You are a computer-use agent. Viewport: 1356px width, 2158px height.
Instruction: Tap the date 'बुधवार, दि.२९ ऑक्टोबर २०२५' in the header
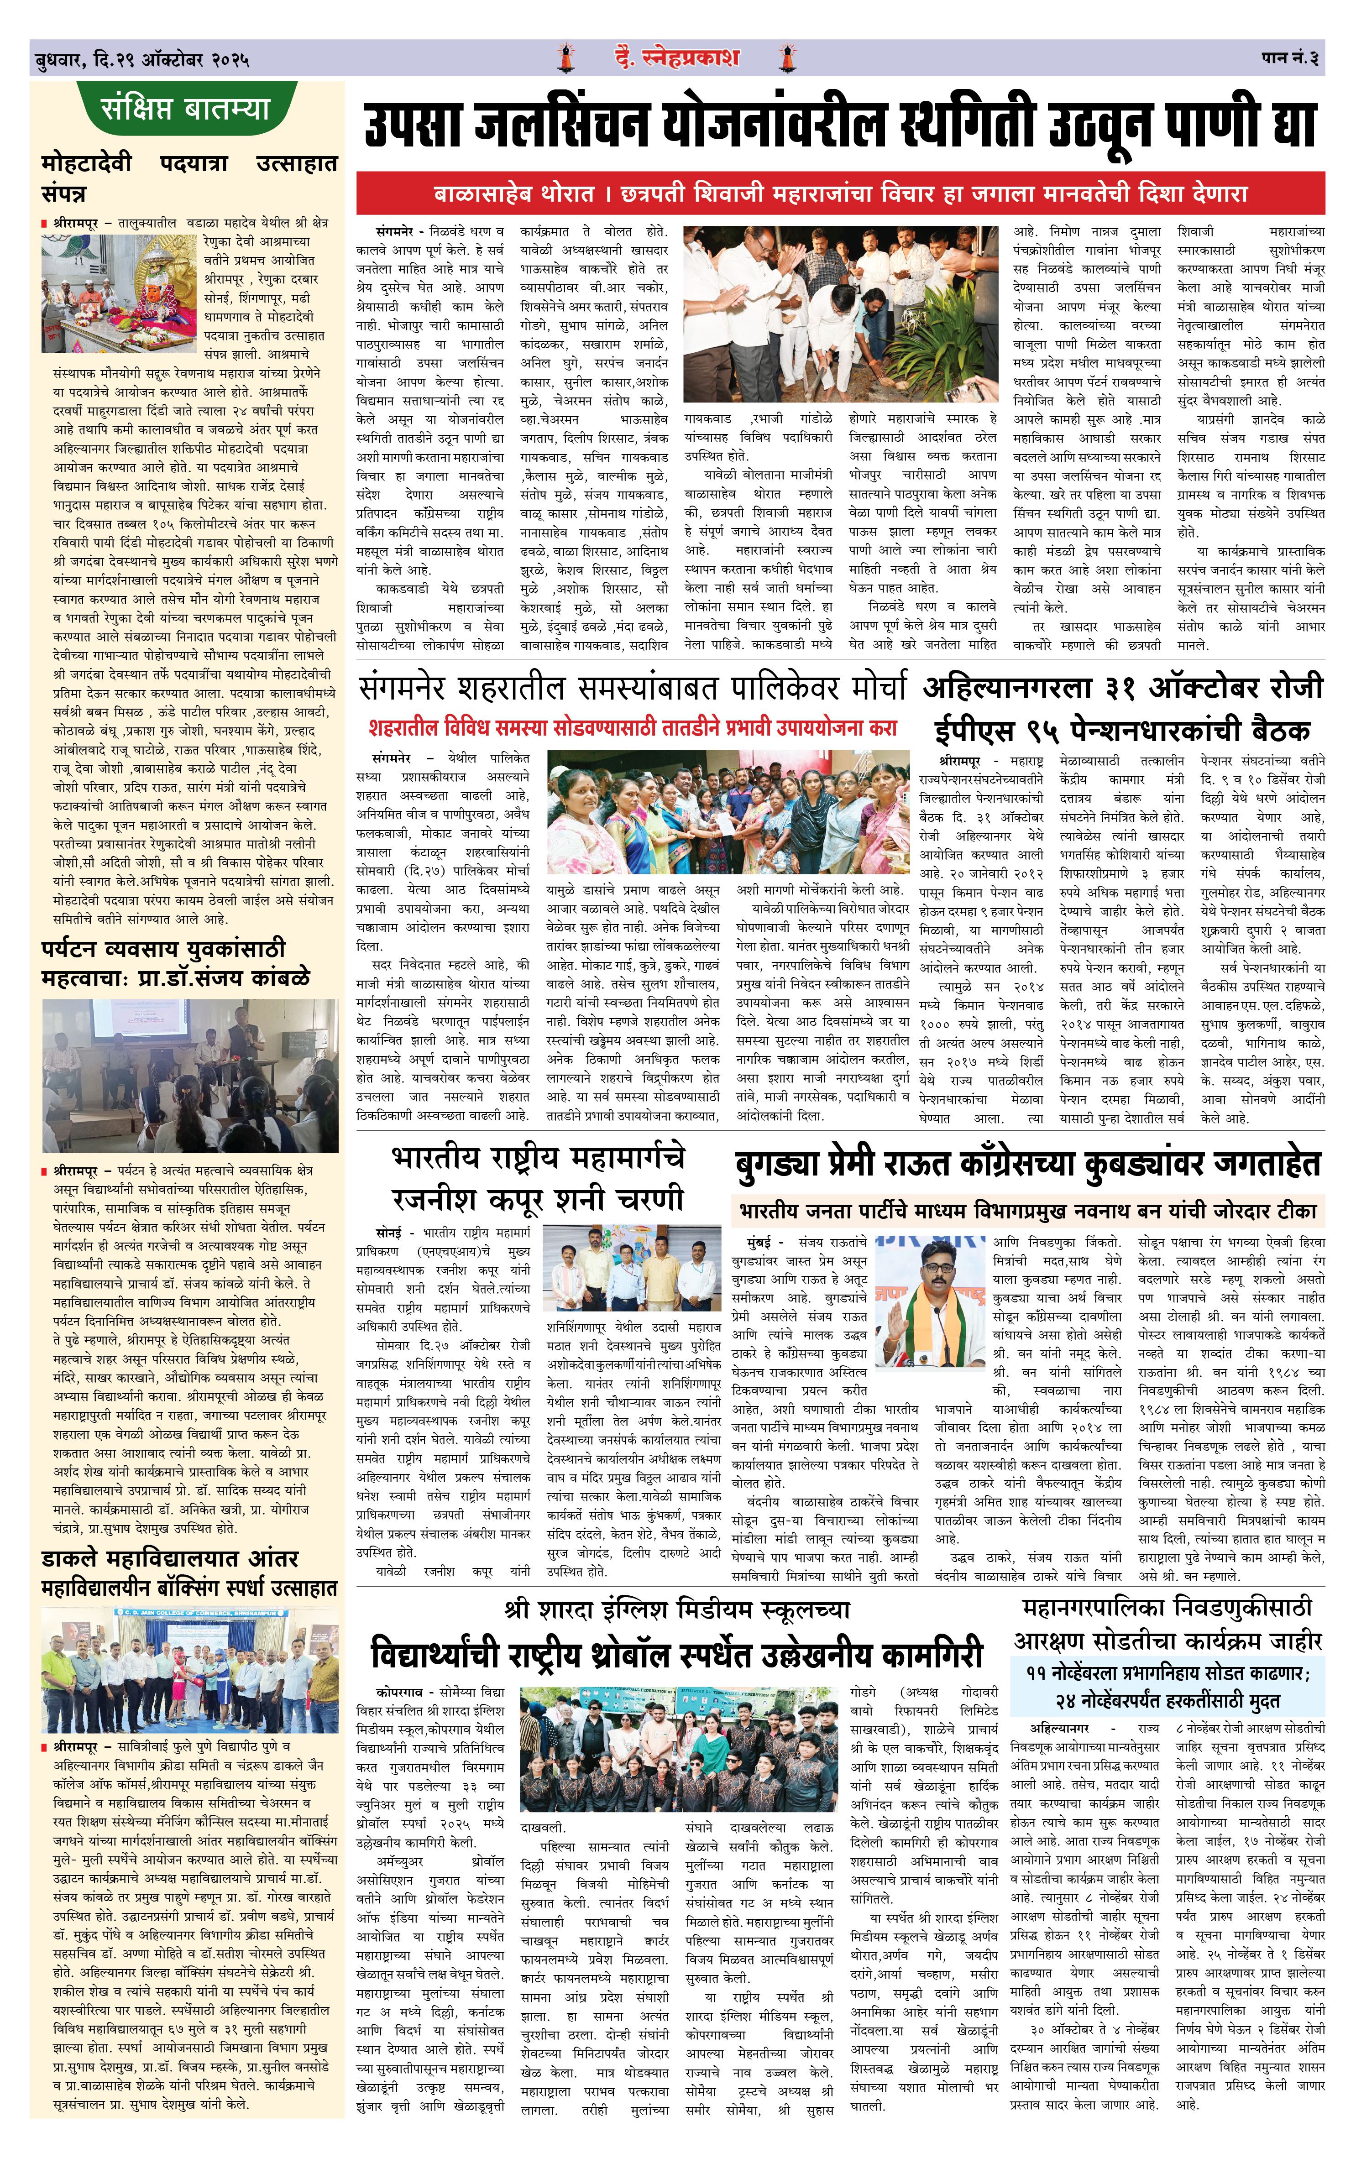pyautogui.click(x=141, y=61)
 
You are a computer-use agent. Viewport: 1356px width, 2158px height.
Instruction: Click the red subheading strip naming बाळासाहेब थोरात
pyautogui.click(x=840, y=193)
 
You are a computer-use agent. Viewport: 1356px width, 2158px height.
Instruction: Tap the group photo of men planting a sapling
pyautogui.click(x=840, y=314)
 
